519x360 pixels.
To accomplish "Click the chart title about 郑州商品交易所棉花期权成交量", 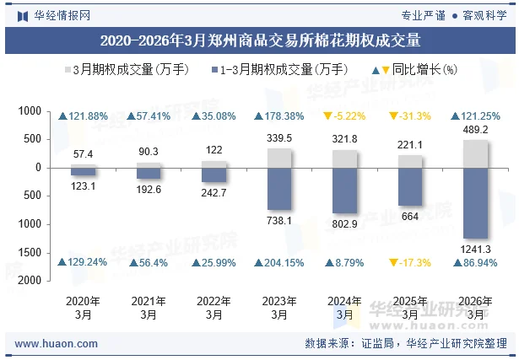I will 259,40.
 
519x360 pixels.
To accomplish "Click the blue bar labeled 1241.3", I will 476,202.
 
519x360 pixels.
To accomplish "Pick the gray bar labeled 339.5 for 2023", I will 279,158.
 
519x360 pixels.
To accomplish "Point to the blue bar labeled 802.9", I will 344,190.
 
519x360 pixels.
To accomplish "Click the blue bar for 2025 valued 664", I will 410,185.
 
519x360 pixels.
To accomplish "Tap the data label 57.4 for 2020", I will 83,154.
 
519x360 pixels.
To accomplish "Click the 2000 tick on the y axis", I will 30,281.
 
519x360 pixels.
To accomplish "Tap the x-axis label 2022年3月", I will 214,308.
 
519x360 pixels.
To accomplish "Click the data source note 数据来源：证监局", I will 349,344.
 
